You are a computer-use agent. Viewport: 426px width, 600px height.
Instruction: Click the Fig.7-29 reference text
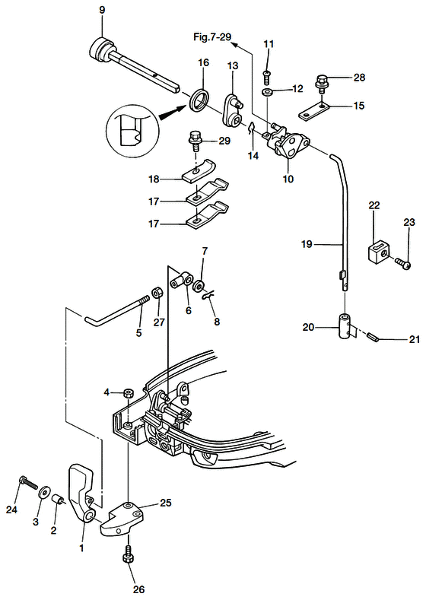[212, 37]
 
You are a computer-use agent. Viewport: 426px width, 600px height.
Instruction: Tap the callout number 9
[102, 10]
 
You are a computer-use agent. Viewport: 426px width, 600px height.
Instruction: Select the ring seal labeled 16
[200, 100]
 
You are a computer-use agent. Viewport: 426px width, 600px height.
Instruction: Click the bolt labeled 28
[322, 84]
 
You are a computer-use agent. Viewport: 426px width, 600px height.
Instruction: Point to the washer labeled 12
[267, 92]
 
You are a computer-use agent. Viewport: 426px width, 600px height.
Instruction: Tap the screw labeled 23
[402, 263]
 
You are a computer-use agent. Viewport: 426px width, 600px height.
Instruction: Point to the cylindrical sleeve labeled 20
[345, 325]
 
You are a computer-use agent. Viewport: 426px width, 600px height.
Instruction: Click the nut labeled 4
[128, 392]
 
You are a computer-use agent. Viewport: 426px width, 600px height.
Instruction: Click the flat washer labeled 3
[42, 491]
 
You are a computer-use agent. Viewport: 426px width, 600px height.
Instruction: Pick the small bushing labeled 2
[57, 500]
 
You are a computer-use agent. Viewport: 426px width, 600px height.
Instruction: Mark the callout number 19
[307, 244]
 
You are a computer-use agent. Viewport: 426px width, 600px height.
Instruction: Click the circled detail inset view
[131, 130]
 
